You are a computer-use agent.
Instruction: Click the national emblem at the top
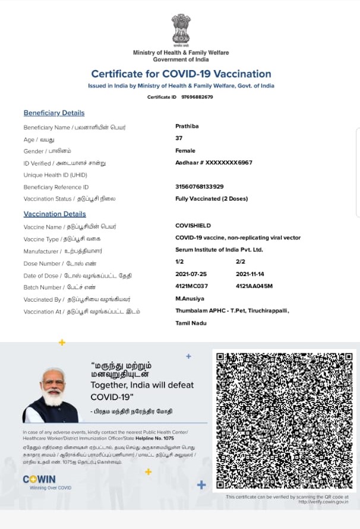[181, 30]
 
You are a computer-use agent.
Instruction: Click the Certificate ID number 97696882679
[197, 97]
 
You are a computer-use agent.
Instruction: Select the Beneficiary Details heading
[54, 113]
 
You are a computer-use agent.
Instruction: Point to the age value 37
[179, 138]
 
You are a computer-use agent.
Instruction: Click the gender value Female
[185, 151]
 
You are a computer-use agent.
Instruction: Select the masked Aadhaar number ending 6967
[214, 162]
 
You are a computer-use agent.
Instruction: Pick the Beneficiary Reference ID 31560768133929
[200, 186]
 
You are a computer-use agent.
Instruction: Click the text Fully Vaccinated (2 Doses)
[211, 198]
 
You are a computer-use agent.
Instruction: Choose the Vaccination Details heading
[55, 214]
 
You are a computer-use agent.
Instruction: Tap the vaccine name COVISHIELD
[193, 226]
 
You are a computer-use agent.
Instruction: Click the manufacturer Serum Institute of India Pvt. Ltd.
[219, 250]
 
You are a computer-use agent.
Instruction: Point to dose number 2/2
[241, 262]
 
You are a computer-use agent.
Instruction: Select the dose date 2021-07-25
[192, 274]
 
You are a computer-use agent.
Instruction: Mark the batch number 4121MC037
[192, 286]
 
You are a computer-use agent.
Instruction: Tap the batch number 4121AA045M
[254, 286]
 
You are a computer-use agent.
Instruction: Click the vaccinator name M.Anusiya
[191, 298]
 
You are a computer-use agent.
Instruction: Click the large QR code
[284, 420]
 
